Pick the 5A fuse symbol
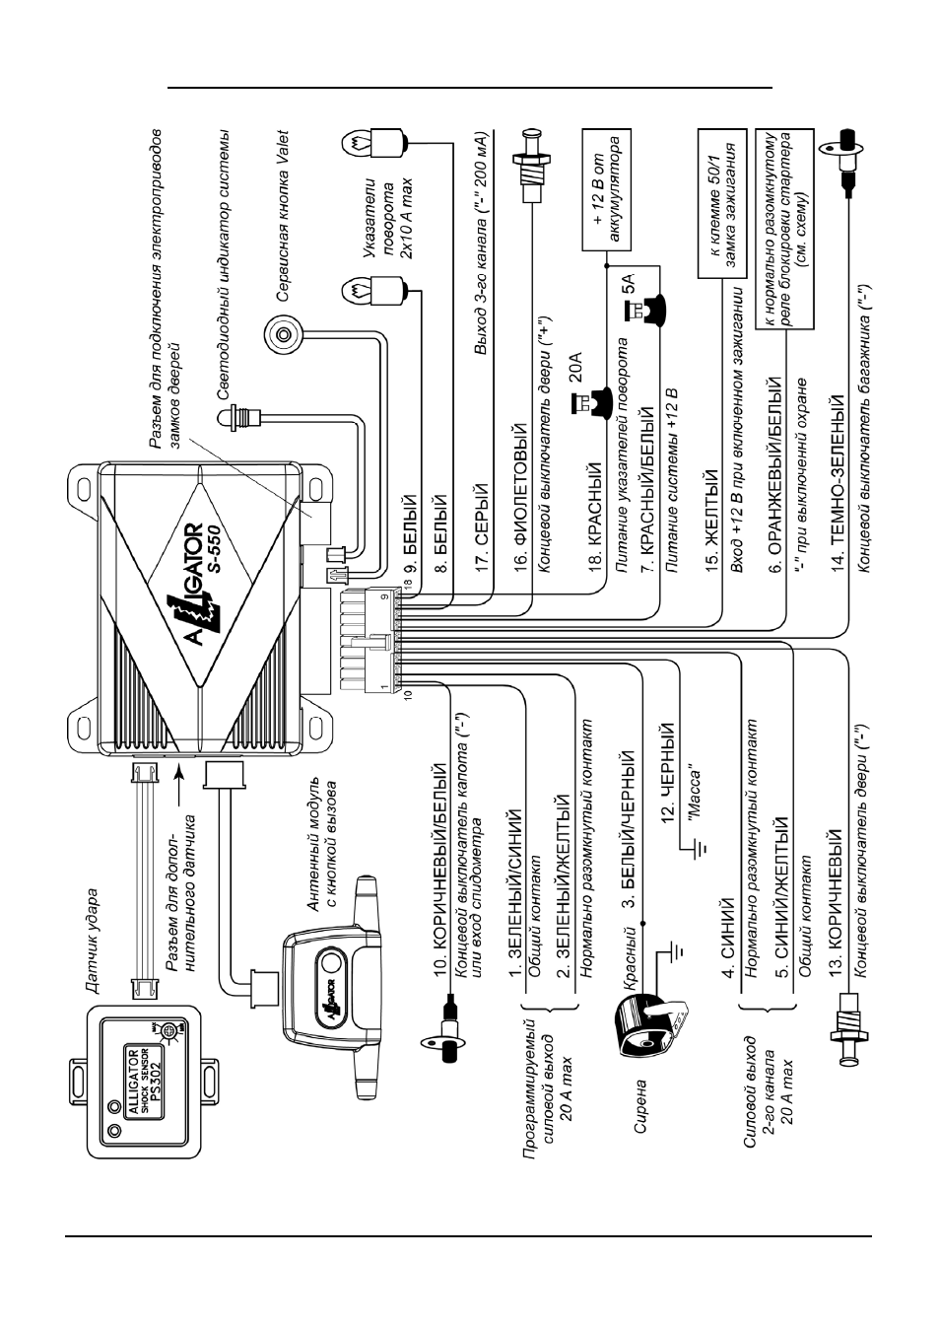(x=645, y=308)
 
